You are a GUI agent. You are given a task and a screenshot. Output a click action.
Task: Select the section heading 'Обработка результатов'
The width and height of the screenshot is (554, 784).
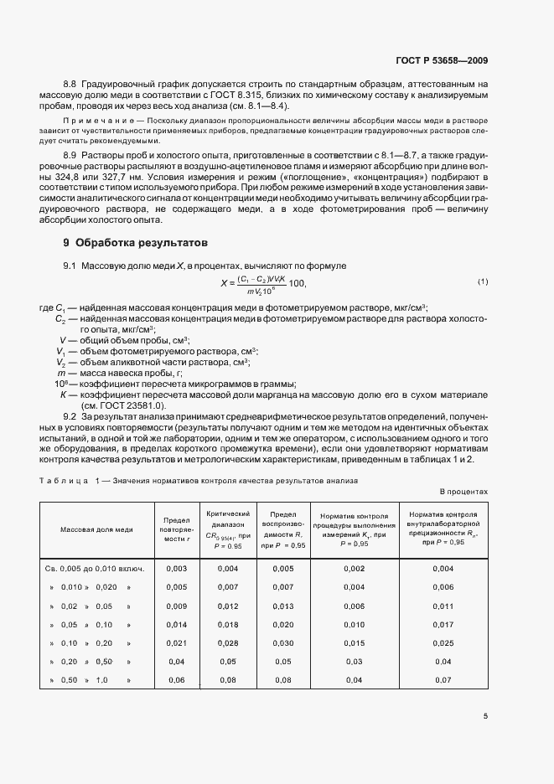point(134,244)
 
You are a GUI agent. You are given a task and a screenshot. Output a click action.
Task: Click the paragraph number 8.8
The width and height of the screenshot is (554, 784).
point(70,85)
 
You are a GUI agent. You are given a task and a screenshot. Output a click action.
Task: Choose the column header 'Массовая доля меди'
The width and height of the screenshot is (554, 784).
point(96,530)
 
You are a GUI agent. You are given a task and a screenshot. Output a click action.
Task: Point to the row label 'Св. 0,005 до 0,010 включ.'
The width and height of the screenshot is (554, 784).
point(95,569)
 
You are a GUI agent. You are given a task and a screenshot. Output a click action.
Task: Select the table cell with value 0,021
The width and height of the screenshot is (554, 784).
point(177,642)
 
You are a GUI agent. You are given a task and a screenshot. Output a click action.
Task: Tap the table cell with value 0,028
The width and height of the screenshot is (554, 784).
point(228,642)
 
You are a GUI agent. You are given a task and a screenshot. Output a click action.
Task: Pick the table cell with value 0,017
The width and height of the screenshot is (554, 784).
point(443,624)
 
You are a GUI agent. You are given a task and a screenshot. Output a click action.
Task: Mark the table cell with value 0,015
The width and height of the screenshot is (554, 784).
point(355,642)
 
